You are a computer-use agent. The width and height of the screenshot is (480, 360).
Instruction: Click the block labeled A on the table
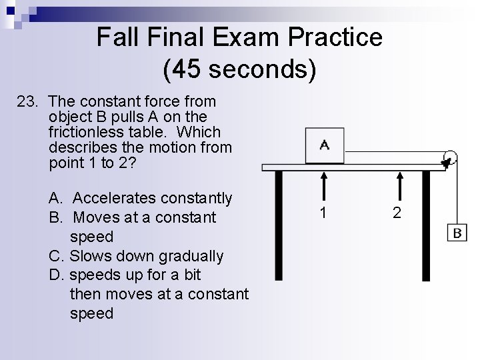click(325, 145)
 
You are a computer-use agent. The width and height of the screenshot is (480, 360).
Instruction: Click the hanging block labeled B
click(457, 233)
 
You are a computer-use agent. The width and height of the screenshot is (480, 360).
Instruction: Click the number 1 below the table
click(323, 213)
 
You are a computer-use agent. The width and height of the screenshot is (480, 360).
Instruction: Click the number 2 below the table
click(398, 213)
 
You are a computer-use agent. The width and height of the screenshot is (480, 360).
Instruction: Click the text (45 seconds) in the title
click(239, 69)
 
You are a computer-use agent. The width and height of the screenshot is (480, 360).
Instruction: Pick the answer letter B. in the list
click(56, 217)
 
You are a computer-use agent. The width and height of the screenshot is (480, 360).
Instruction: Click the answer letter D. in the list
click(56, 275)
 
